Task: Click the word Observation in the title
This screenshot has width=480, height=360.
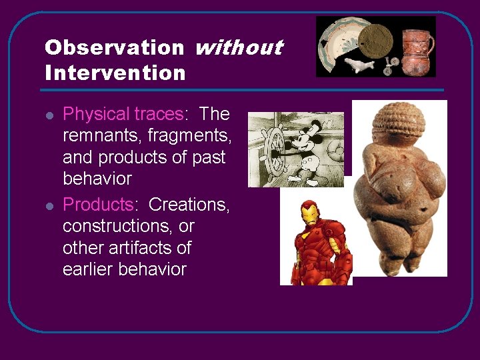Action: [x=114, y=48]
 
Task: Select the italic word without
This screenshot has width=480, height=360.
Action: [x=239, y=48]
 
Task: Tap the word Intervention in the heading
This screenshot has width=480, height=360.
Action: [x=115, y=73]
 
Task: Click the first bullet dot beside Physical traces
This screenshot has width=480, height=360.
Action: [x=49, y=115]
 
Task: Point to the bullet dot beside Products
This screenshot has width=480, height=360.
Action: [x=49, y=205]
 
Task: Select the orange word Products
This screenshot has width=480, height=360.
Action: [x=98, y=205]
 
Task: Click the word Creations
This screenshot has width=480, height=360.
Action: [x=189, y=205]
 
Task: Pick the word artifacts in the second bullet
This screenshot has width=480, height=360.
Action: [x=141, y=248]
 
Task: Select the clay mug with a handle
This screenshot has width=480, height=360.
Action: [x=417, y=47]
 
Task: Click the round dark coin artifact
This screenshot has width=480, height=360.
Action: [x=377, y=39]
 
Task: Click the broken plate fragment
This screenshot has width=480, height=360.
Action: [x=337, y=43]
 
